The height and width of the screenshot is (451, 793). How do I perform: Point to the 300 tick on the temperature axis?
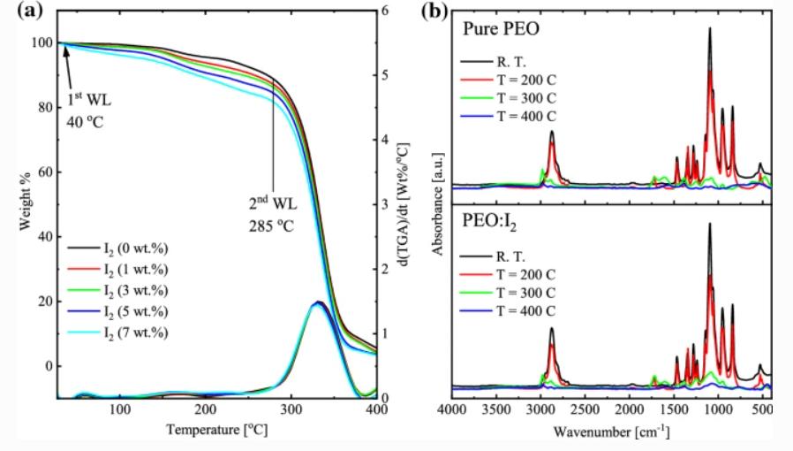[x=291, y=409]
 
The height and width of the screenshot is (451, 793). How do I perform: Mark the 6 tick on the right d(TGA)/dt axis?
[x=385, y=11]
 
